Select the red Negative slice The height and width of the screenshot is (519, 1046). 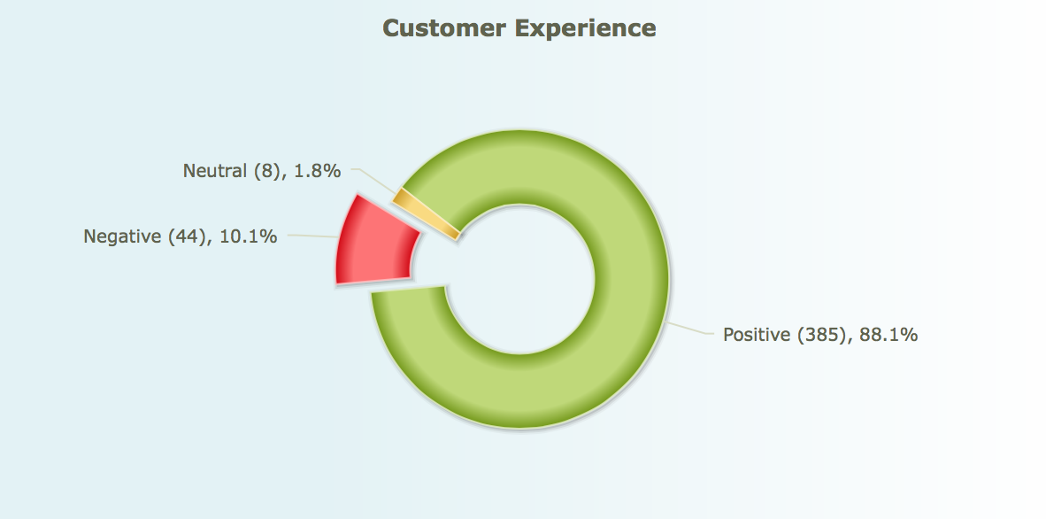pos(375,242)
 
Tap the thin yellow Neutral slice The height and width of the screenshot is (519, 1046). pos(427,213)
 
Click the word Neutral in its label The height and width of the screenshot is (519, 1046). pos(215,171)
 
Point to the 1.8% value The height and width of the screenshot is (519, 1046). pos(318,171)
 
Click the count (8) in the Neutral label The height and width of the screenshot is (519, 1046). pos(267,172)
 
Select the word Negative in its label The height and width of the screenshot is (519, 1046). pos(122,236)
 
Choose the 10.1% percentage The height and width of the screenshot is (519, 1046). pos(248,236)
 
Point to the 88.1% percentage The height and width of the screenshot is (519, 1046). pos(888,334)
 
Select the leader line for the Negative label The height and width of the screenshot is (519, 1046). pos(312,236)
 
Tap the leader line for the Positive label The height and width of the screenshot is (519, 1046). pos(689,328)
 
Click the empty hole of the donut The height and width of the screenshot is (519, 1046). pos(519,279)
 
